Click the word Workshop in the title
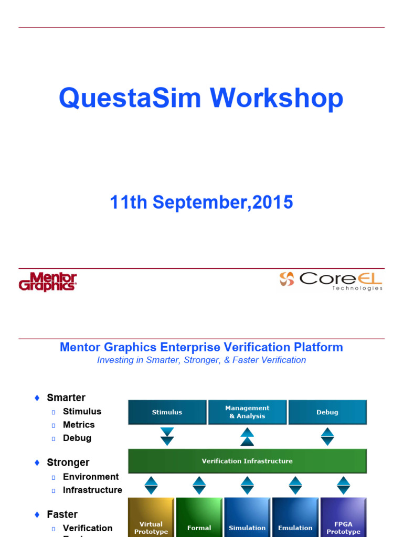tap(277, 98)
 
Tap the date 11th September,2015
tap(201, 202)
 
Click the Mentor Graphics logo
tap(48, 282)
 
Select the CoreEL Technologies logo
tap(331, 280)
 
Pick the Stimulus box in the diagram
tap(167, 412)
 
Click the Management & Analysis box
tap(247, 412)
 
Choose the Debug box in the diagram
tap(327, 412)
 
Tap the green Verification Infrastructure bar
tap(247, 461)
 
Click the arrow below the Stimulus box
tap(167, 436)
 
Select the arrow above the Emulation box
tap(295, 485)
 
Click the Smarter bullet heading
tap(66, 398)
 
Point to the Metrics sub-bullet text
tap(79, 425)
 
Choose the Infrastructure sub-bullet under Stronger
tap(92, 490)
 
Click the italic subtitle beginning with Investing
tap(201, 360)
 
